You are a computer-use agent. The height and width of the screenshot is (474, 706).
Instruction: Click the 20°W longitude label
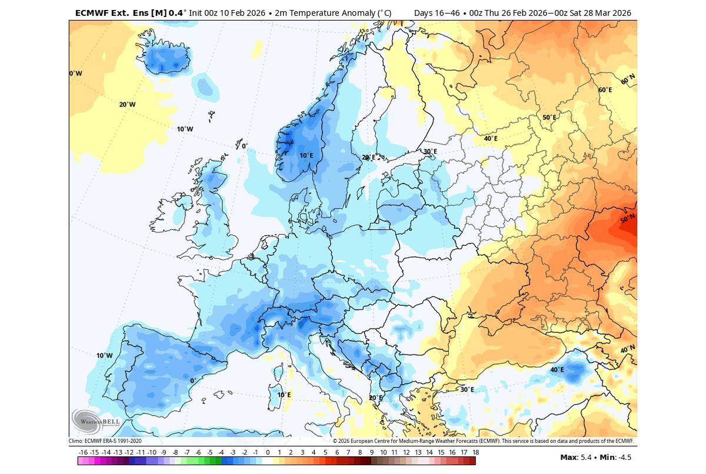tap(127, 105)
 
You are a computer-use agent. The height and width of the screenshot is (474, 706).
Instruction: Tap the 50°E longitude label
tap(549, 118)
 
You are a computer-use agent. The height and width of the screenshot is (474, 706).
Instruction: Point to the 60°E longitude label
tap(605, 90)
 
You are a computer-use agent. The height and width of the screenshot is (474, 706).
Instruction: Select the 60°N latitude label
tap(628, 78)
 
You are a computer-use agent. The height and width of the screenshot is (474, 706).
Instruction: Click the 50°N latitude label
tap(628, 219)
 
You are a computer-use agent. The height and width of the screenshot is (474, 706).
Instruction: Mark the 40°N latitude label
tap(628, 349)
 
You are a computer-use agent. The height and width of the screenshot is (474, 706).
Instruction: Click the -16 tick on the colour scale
tap(83, 452)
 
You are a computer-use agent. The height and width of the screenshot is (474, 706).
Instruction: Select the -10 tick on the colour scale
tap(152, 452)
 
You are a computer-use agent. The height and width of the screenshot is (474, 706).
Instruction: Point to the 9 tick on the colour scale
tap(371, 452)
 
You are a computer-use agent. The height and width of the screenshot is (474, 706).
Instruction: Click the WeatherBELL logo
tap(87, 421)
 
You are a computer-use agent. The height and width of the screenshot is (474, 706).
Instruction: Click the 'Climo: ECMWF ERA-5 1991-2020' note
tap(105, 440)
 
